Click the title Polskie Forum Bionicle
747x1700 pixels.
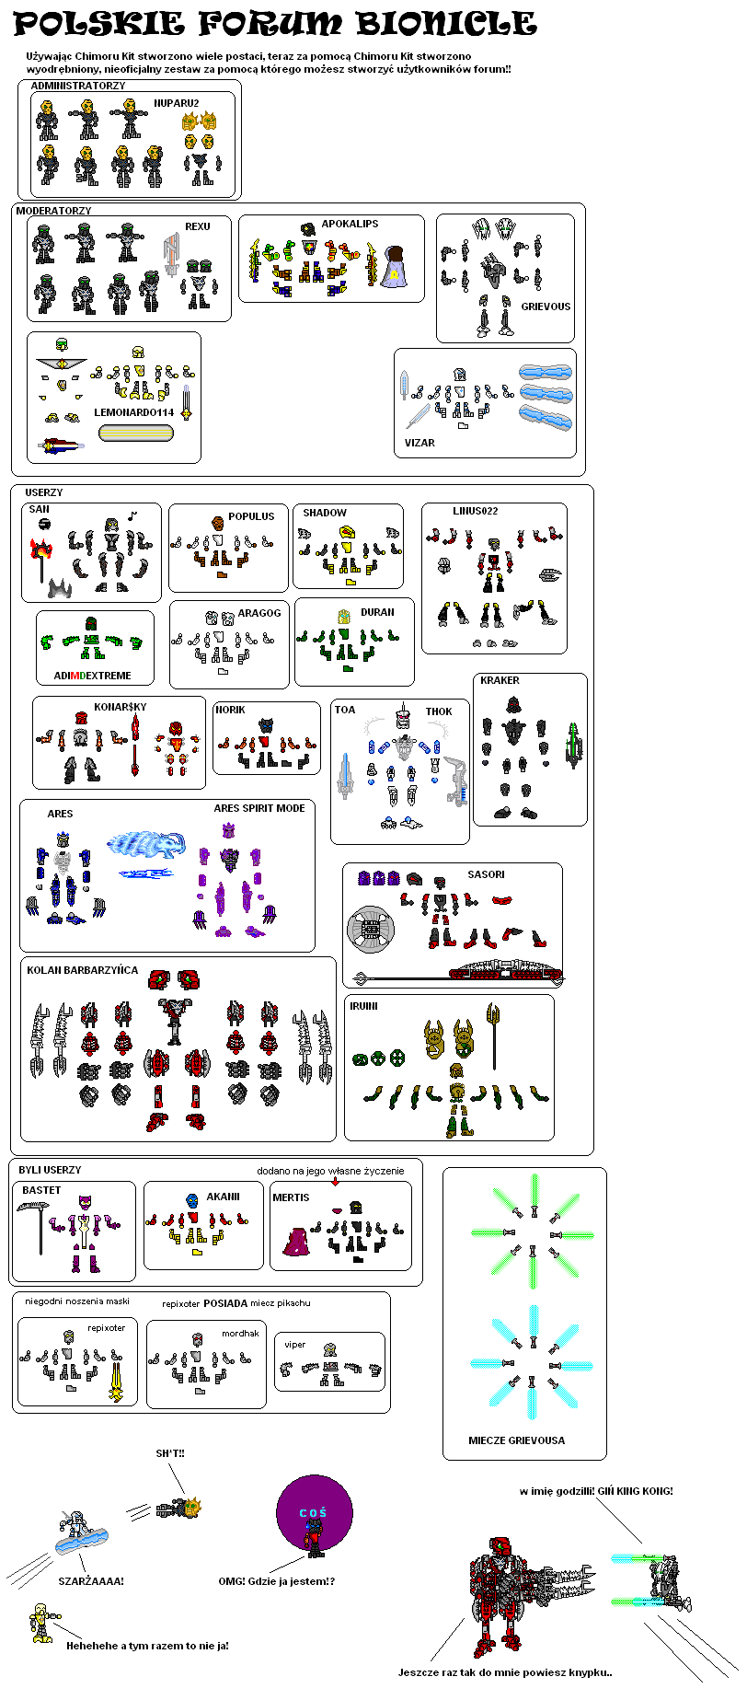pos(275,24)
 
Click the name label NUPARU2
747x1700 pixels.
pos(176,103)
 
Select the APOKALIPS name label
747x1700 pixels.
pos(350,224)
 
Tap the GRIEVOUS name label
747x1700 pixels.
pos(546,306)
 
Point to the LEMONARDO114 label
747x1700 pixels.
pos(133,412)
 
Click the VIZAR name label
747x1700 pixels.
pos(419,443)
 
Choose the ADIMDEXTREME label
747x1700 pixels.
pos(92,676)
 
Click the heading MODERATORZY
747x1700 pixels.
pos(53,211)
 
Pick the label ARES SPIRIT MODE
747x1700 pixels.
pos(259,808)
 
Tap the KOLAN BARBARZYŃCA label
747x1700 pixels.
pos(82,970)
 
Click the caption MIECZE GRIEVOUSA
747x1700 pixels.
pos(516,1440)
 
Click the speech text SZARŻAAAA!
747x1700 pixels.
pos(90,1581)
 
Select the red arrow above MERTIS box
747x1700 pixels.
pos(335,1182)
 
